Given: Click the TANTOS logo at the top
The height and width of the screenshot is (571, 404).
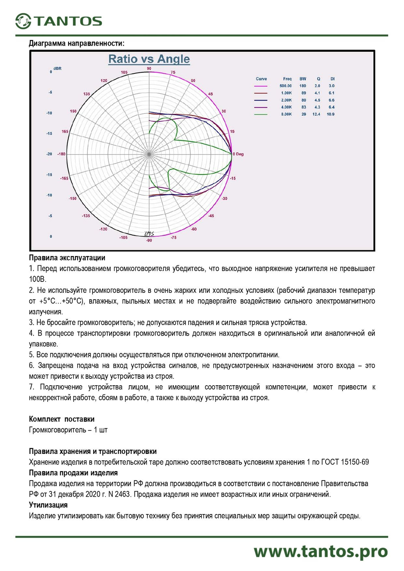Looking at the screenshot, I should (59, 21).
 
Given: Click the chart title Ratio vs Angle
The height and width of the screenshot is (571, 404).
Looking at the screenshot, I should (149, 59).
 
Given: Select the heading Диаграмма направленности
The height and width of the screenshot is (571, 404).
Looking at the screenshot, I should (76, 43).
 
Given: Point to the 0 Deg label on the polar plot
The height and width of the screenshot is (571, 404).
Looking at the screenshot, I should (238, 154).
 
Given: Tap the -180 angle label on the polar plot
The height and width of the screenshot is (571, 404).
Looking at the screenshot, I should (61, 154).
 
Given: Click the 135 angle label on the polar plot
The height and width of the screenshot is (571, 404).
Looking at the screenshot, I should (86, 94).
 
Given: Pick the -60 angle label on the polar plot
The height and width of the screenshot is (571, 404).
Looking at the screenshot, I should (194, 229).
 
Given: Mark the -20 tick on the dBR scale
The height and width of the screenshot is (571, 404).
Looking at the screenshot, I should (49, 154).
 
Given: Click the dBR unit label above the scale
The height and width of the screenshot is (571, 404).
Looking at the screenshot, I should (57, 68).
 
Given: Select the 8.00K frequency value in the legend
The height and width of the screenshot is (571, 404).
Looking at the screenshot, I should (286, 114).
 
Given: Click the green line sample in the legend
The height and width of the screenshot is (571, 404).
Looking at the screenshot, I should (261, 114).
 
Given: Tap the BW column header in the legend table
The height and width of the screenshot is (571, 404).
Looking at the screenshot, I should (303, 79).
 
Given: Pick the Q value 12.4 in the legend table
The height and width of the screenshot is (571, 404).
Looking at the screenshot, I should (316, 114).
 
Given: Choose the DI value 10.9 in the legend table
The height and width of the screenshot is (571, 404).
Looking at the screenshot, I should (330, 114).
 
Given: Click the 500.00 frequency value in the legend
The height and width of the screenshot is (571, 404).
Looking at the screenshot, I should (286, 86).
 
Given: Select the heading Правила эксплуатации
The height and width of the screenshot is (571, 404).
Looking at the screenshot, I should (67, 258).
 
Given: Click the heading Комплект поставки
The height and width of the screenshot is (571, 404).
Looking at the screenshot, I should (61, 419).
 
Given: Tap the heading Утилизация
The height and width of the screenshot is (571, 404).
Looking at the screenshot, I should (48, 505).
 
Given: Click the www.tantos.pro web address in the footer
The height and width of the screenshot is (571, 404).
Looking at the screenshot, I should (321, 552).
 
